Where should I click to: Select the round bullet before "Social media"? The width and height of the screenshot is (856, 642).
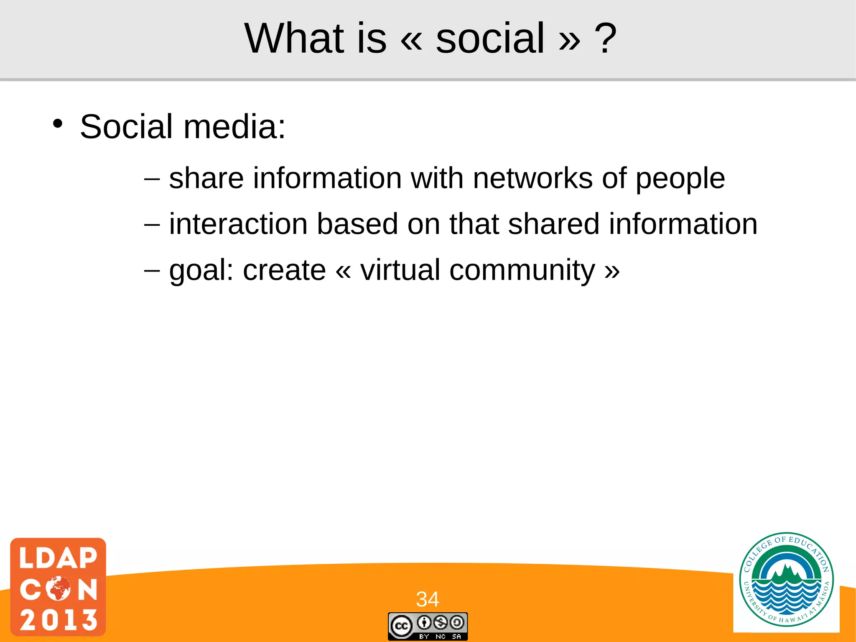point(58,124)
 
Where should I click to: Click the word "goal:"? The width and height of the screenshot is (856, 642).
point(201,271)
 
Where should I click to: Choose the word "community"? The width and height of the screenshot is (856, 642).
point(522,271)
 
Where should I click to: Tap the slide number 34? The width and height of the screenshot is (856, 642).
point(427,599)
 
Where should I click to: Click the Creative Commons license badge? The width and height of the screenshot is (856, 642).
point(428,626)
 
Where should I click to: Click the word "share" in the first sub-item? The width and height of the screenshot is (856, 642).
point(206,179)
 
